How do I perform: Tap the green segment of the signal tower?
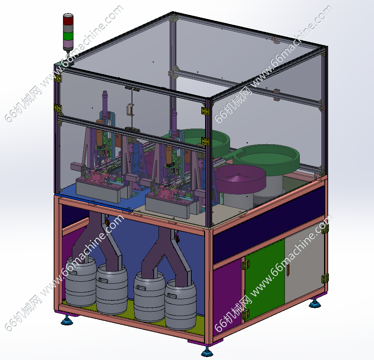(x=68, y=36)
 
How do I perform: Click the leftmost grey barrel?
(x=81, y=281)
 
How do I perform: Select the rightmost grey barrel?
(x=180, y=304)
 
